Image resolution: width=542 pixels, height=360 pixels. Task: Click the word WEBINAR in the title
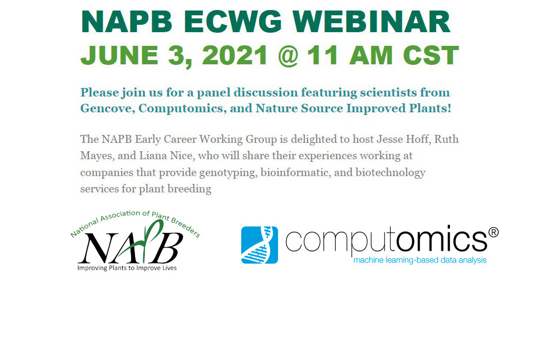click(x=371, y=22)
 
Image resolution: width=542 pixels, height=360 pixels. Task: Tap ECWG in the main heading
click(x=233, y=22)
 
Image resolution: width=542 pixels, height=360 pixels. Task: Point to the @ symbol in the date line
click(x=288, y=55)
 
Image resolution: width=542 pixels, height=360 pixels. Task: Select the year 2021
click(x=235, y=55)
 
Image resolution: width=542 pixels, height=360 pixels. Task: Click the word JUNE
click(x=119, y=55)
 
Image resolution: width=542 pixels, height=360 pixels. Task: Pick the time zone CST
click(x=431, y=55)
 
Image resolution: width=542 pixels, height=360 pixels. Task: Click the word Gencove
click(x=107, y=108)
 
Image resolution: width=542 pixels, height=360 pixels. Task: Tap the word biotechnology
click(x=390, y=172)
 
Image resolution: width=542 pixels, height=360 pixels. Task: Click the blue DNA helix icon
click(x=259, y=245)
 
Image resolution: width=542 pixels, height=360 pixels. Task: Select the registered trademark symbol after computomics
click(x=494, y=232)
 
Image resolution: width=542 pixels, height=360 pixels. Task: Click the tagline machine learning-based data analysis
click(x=420, y=260)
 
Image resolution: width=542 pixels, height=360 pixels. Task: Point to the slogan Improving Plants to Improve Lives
click(x=127, y=268)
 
